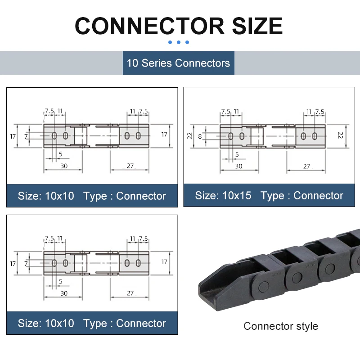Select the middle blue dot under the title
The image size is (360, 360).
(179, 42)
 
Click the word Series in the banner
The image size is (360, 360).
(157, 63)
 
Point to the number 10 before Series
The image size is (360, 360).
(132, 63)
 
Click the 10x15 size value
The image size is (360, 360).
(236, 196)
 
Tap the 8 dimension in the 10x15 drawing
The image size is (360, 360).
(200, 135)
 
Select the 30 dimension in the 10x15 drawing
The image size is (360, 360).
(238, 166)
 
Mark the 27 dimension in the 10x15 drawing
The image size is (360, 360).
(306, 166)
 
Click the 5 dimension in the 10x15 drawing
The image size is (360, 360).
(237, 154)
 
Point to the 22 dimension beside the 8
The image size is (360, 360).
(190, 135)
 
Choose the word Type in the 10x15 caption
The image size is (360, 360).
(272, 196)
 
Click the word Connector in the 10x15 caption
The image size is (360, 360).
(318, 196)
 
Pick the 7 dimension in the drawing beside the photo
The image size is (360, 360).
(26, 263)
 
